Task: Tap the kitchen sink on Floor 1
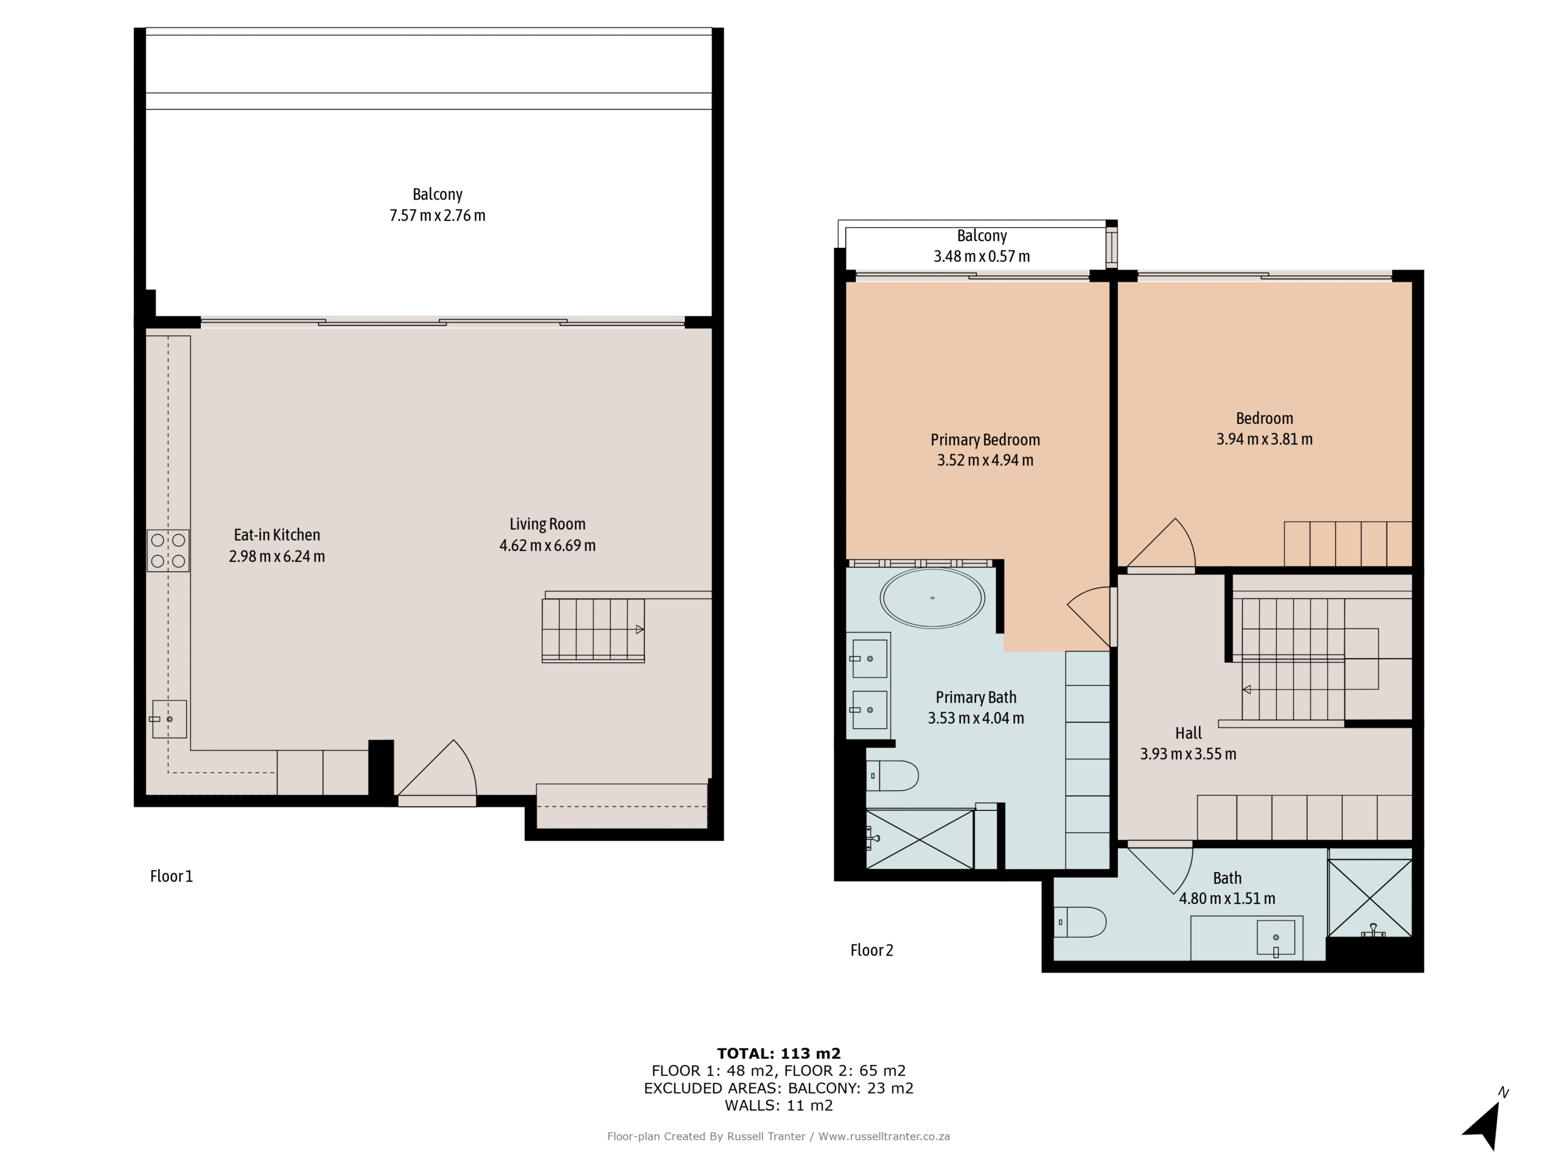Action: click(x=169, y=718)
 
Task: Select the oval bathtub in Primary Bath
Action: click(x=932, y=599)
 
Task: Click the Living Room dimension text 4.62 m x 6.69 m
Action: click(x=547, y=546)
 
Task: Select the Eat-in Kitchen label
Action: click(x=277, y=535)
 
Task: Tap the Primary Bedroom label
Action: click(x=985, y=440)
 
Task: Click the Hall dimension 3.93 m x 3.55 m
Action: click(x=1187, y=754)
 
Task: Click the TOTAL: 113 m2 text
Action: click(x=778, y=1053)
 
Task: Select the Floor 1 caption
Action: click(x=171, y=876)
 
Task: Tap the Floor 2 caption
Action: click(x=872, y=950)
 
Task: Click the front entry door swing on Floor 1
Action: click(x=440, y=771)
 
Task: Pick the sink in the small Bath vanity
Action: click(x=1276, y=938)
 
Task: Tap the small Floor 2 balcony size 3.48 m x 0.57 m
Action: click(x=981, y=256)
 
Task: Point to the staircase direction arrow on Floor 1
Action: click(x=640, y=629)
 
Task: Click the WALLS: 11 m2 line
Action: click(x=778, y=1105)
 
